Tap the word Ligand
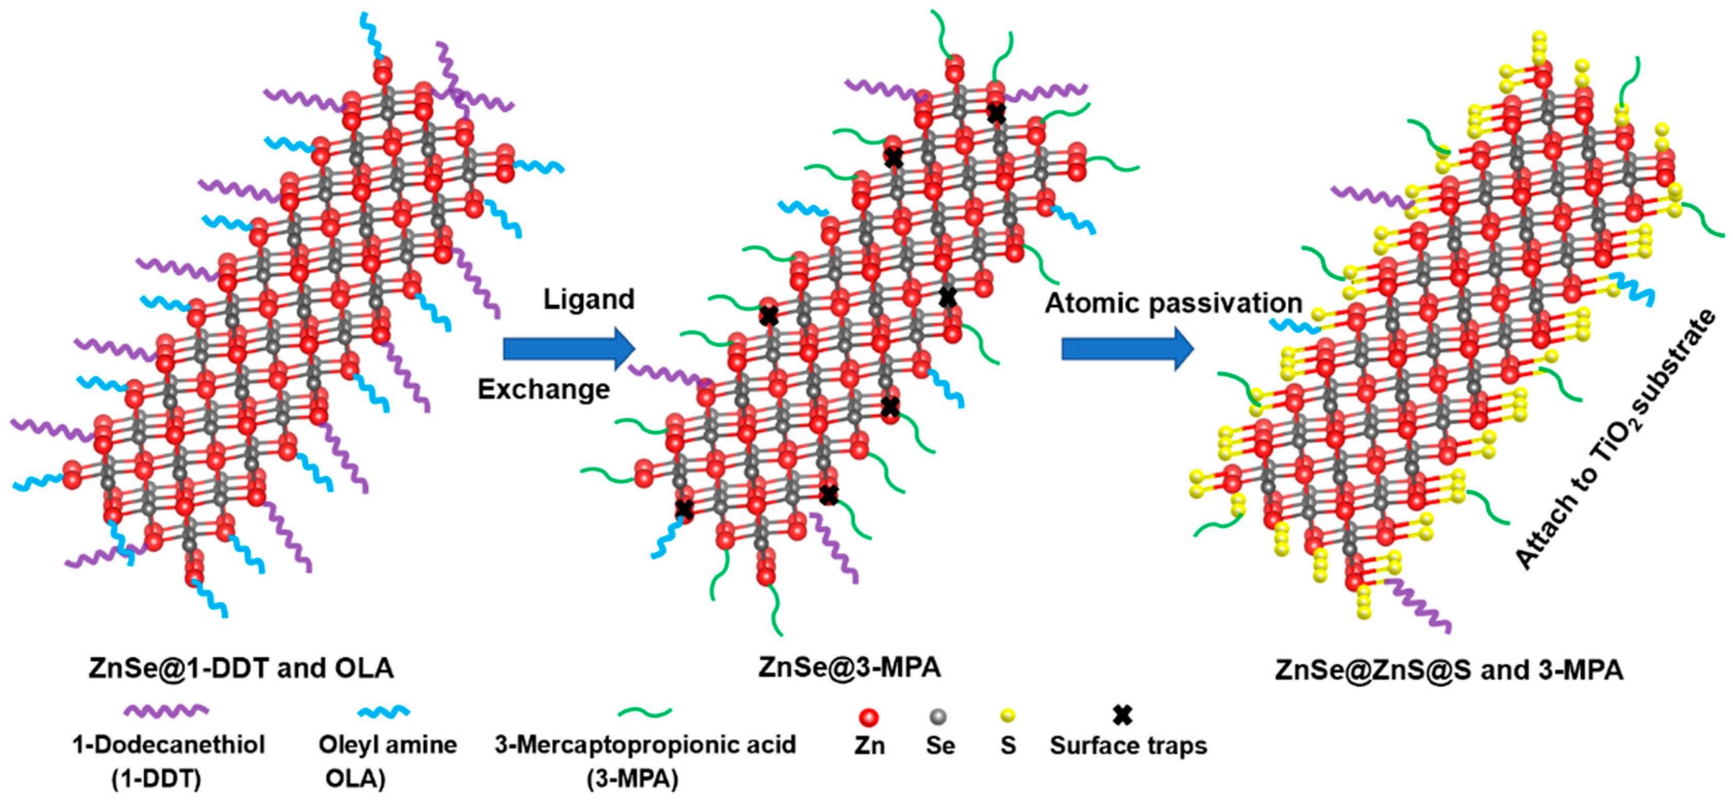pyautogui.click(x=589, y=300)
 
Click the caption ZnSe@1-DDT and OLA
pyautogui.click(x=241, y=668)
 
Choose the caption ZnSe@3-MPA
pyautogui.click(x=849, y=667)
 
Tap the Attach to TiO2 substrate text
pyautogui.click(x=1615, y=441)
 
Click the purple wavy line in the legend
pyautogui.click(x=166, y=709)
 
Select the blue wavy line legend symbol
pyautogui.click(x=383, y=712)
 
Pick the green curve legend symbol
pyautogui.click(x=645, y=711)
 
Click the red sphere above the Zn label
pyautogui.click(x=869, y=717)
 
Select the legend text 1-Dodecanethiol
pyautogui.click(x=169, y=745)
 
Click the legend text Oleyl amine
pyautogui.click(x=387, y=745)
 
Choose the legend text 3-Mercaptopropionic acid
pyautogui.click(x=645, y=745)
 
